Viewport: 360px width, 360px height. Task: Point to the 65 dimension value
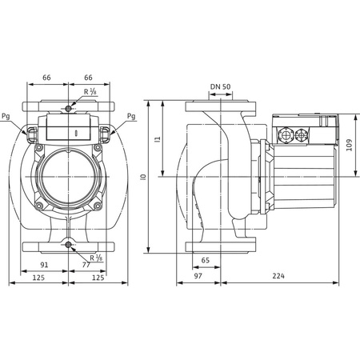click(x=206, y=260)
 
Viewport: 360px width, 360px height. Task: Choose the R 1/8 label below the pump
click(x=98, y=258)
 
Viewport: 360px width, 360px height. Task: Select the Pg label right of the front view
click(x=130, y=115)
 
